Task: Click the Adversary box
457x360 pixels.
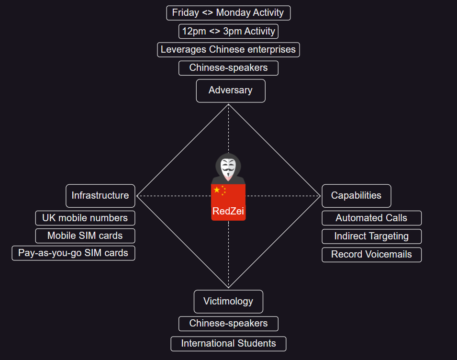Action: point(230,90)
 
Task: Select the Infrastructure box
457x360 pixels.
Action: point(100,195)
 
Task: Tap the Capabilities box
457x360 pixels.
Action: point(356,195)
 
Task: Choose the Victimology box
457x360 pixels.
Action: point(228,301)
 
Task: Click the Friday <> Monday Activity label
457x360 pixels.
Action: point(228,13)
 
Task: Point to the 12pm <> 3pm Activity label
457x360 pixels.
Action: point(228,31)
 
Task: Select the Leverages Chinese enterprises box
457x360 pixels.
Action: point(228,49)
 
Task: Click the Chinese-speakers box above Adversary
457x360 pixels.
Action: point(228,67)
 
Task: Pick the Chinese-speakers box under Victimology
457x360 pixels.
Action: point(228,323)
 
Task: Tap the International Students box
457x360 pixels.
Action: point(228,343)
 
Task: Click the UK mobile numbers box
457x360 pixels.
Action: point(85,218)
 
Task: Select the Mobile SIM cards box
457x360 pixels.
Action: point(85,236)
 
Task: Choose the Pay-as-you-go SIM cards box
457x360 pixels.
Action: point(73,253)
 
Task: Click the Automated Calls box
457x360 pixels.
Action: point(371,218)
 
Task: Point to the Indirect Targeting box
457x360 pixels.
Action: point(371,236)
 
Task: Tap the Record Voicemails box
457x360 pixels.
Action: point(371,254)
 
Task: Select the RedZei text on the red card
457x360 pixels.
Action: point(228,211)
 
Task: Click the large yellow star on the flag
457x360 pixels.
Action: point(217,190)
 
